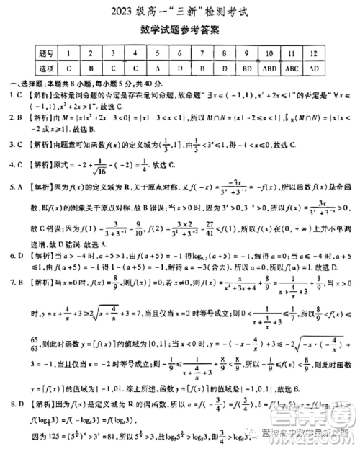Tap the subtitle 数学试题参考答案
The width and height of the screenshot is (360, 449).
tap(181, 31)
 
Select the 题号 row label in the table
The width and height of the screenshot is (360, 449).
tap(48, 53)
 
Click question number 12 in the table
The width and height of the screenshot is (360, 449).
tap(314, 53)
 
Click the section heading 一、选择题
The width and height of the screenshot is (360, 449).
tap(22, 84)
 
